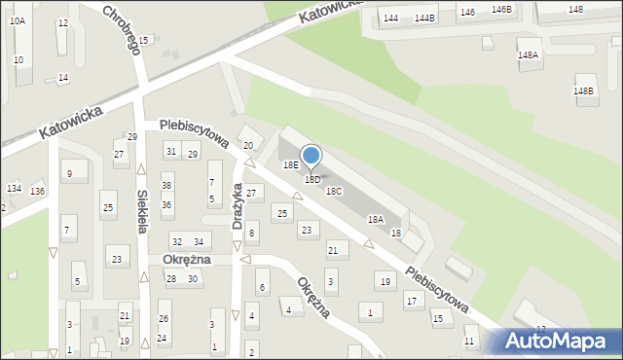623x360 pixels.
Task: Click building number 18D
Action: click(312, 180)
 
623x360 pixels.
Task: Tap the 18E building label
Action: click(291, 165)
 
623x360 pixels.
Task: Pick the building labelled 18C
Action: click(334, 192)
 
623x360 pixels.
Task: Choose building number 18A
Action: click(375, 220)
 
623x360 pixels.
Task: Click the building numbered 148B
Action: click(583, 90)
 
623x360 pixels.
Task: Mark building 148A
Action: click(529, 55)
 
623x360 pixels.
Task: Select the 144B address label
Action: click(424, 18)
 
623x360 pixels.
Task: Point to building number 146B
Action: click(501, 10)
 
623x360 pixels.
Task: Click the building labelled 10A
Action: click(18, 19)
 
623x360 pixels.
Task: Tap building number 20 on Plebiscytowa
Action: click(248, 145)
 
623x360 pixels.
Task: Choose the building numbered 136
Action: click(37, 191)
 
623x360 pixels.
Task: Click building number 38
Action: click(166, 186)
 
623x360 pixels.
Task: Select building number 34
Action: click(198, 241)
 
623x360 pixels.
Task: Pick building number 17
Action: click(411, 302)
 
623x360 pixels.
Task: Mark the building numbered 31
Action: click(170, 151)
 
